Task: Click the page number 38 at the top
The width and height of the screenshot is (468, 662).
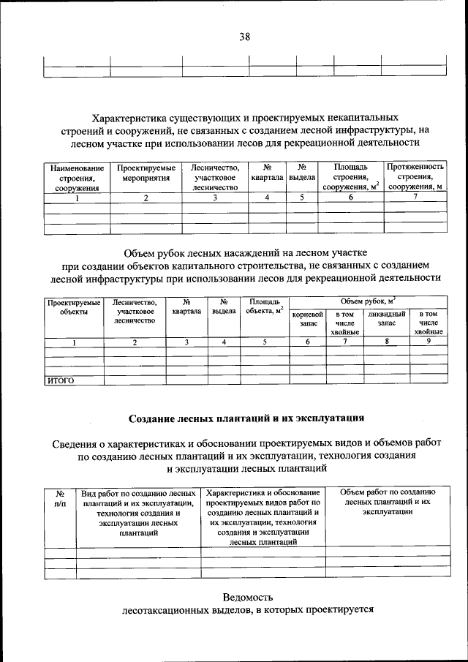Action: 244,37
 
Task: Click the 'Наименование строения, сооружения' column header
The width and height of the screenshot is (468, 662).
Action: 77,178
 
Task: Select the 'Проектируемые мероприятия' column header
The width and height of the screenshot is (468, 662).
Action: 146,173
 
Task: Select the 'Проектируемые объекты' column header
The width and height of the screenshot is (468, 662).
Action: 73,306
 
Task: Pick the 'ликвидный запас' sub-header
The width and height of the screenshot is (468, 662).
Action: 386,319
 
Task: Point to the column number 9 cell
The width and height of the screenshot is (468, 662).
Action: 428,342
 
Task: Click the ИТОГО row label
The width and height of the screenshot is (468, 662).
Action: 61,380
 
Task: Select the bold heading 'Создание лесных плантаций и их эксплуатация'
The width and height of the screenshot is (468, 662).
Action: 246,419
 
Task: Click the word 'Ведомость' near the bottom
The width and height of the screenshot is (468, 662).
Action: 248,596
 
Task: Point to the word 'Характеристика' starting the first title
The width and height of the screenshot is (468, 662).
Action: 133,117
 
